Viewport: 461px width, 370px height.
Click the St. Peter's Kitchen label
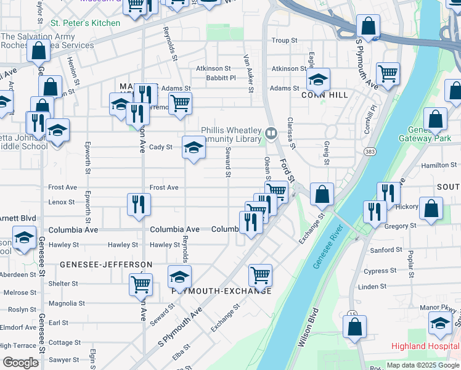click(85, 23)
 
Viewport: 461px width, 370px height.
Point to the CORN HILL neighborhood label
click(325, 95)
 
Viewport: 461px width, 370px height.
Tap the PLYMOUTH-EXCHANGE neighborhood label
click(222, 291)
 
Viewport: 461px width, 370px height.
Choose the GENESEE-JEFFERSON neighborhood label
click(106, 265)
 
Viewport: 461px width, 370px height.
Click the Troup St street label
click(284, 41)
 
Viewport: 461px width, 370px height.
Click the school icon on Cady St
click(194, 148)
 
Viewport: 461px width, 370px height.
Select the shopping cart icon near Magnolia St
click(141, 284)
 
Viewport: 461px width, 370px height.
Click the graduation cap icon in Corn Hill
click(318, 80)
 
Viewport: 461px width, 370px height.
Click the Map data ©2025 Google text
click(422, 365)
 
